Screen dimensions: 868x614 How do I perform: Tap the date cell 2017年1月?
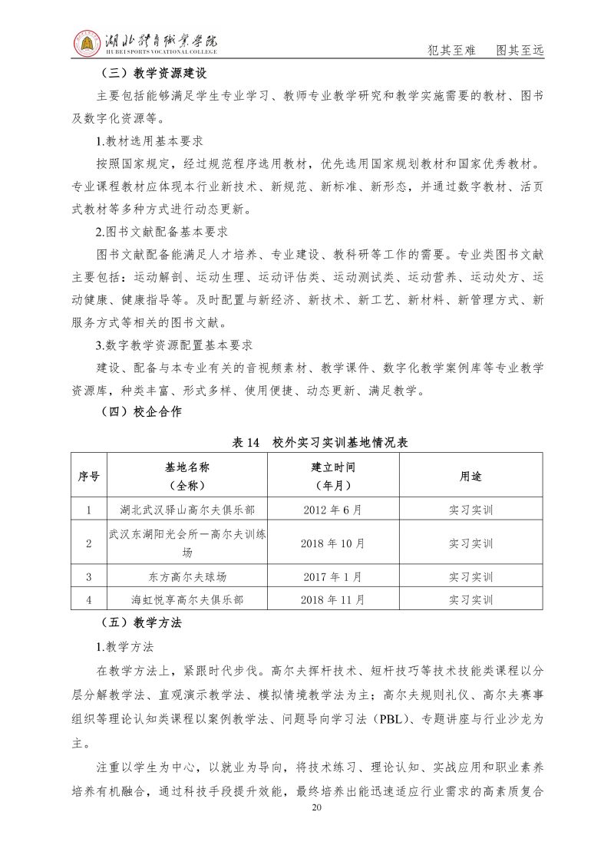click(332, 577)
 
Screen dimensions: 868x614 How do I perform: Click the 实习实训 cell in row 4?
click(470, 599)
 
